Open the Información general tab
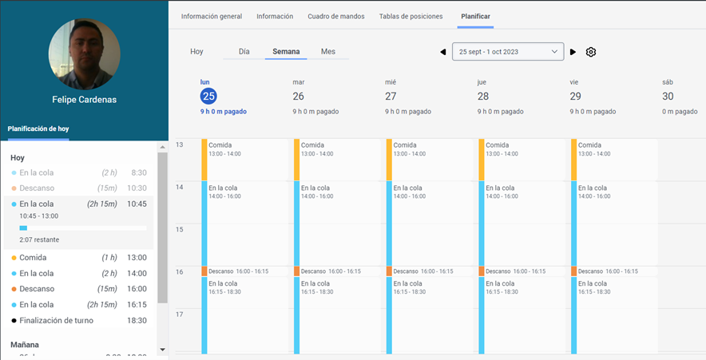pos(212,16)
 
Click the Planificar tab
pos(475,16)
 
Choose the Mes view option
pos(328,51)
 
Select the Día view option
pos(244,51)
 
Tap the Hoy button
pos(196,51)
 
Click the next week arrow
pos(573,52)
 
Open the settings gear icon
pos(591,52)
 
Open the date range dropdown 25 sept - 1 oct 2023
pos(508,52)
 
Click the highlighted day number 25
pos(208,96)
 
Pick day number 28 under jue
pos(483,96)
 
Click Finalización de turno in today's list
pos(56,320)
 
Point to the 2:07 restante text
pos(39,239)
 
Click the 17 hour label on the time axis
pos(180,315)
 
